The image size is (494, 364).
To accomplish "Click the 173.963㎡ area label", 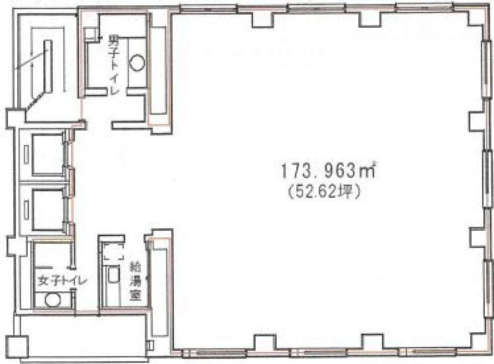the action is click(x=328, y=170).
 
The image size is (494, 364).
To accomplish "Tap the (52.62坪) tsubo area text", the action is click(x=324, y=192).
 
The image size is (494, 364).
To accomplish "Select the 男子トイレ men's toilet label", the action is click(x=113, y=65).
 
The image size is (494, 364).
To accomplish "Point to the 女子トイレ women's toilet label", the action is click(x=61, y=280).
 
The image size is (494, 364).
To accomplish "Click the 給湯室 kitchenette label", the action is click(x=136, y=282).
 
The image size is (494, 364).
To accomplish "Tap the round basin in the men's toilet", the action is click(x=137, y=63).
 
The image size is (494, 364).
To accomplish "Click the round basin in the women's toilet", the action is click(x=52, y=299).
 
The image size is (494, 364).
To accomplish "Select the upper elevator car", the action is click(x=48, y=154).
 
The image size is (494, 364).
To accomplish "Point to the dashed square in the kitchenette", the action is click(x=113, y=251).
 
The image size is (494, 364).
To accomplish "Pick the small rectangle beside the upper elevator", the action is click(x=26, y=154).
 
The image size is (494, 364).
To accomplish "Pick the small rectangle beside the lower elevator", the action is click(x=26, y=210).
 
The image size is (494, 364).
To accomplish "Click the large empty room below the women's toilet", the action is click(x=81, y=336).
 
